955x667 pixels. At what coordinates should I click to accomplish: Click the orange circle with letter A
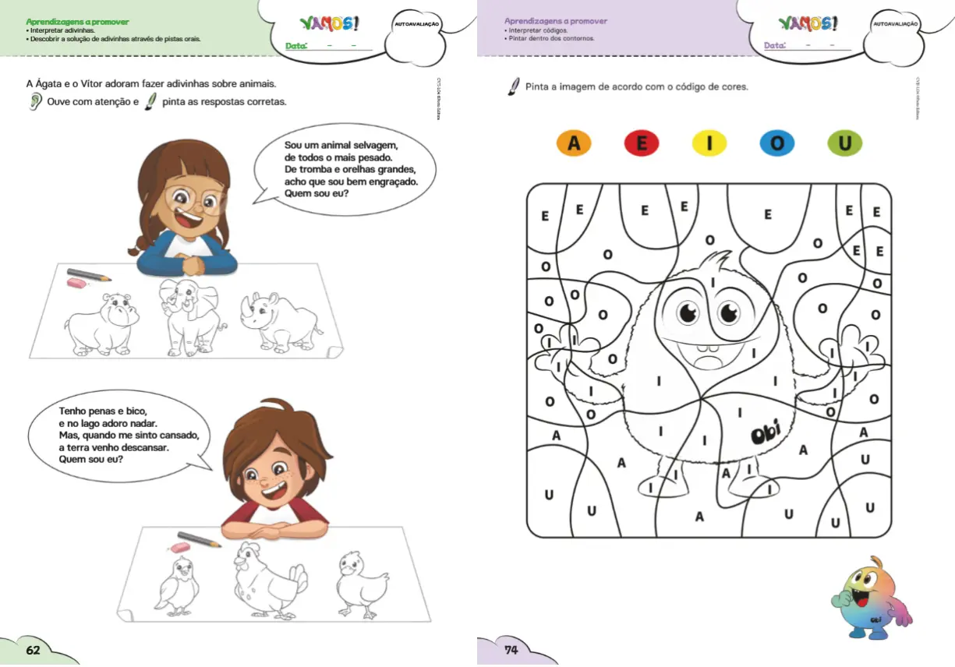click(575, 143)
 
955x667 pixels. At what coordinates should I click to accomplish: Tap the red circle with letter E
click(642, 143)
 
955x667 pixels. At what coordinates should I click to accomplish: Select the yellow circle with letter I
click(709, 143)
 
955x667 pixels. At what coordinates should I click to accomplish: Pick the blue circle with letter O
click(777, 143)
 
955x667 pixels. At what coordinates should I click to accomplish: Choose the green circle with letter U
click(845, 143)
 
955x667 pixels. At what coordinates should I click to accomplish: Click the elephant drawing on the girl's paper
click(189, 316)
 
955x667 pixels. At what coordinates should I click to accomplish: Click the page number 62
click(33, 651)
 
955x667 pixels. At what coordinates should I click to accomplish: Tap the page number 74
click(511, 651)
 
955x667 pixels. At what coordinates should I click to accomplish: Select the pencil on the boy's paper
click(200, 539)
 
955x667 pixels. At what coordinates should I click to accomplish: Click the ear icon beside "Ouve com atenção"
click(35, 103)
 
